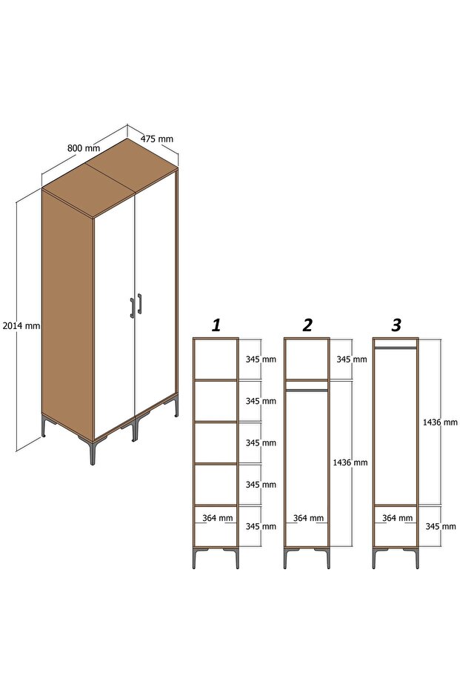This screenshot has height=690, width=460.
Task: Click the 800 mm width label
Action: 83,147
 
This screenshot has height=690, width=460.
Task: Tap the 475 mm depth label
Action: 157,139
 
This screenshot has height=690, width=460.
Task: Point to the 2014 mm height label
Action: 21,325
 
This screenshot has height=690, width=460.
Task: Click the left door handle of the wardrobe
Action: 133,307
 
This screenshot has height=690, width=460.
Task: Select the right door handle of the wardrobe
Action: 139,303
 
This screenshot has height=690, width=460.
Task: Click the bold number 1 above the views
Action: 216,325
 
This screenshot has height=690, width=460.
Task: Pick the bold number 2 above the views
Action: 307,325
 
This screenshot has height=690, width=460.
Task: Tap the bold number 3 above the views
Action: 396,325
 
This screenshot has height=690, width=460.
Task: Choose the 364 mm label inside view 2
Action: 308,518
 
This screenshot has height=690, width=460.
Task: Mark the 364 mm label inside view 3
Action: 398,518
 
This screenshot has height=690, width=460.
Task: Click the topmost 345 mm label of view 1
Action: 261,359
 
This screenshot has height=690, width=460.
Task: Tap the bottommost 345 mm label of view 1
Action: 261,526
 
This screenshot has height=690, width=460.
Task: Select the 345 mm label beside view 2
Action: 351,359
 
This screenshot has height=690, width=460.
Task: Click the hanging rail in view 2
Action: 307,389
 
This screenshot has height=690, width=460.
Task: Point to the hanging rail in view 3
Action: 396,346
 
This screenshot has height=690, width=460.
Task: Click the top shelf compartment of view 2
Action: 307,359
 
